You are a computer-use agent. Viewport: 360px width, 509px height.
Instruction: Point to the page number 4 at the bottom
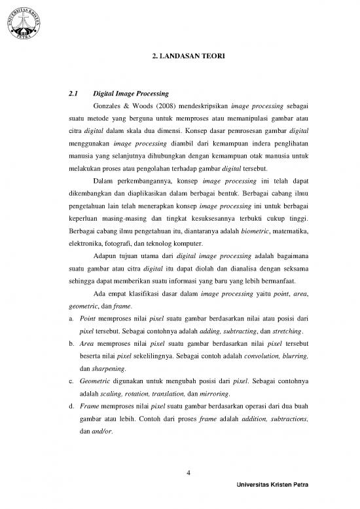[188, 474]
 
